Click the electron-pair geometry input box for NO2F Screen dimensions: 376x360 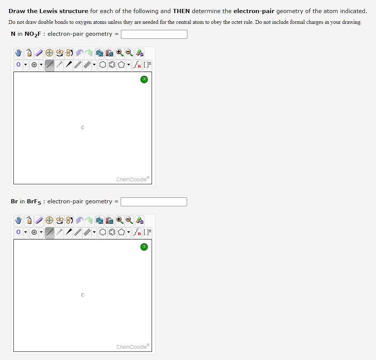click(154, 34)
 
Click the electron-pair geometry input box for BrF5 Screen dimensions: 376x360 click(154, 202)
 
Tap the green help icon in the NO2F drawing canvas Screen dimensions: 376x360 click(144, 79)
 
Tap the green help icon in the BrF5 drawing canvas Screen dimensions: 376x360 click(144, 247)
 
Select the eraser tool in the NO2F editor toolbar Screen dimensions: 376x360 click(39, 53)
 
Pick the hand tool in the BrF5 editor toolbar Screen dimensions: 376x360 click(18, 220)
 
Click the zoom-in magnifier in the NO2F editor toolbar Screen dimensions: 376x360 click(119, 53)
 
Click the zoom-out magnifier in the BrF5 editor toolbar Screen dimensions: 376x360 click(129, 220)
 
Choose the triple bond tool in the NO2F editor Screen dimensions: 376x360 click(87, 65)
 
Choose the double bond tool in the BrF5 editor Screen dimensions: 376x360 click(78, 232)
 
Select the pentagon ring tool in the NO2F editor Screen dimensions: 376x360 click(121, 65)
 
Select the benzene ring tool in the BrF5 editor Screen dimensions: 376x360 click(112, 232)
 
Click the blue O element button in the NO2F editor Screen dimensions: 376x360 click(18, 65)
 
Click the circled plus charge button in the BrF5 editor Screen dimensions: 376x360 click(34, 232)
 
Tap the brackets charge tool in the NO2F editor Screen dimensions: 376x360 click(147, 65)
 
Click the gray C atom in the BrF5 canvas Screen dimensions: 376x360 click(83, 295)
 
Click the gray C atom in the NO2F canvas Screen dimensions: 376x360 click(83, 128)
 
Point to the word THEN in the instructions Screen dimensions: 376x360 click(181, 11)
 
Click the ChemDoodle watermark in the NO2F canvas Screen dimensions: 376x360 click(133, 179)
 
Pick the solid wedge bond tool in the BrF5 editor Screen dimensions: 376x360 click(69, 232)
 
